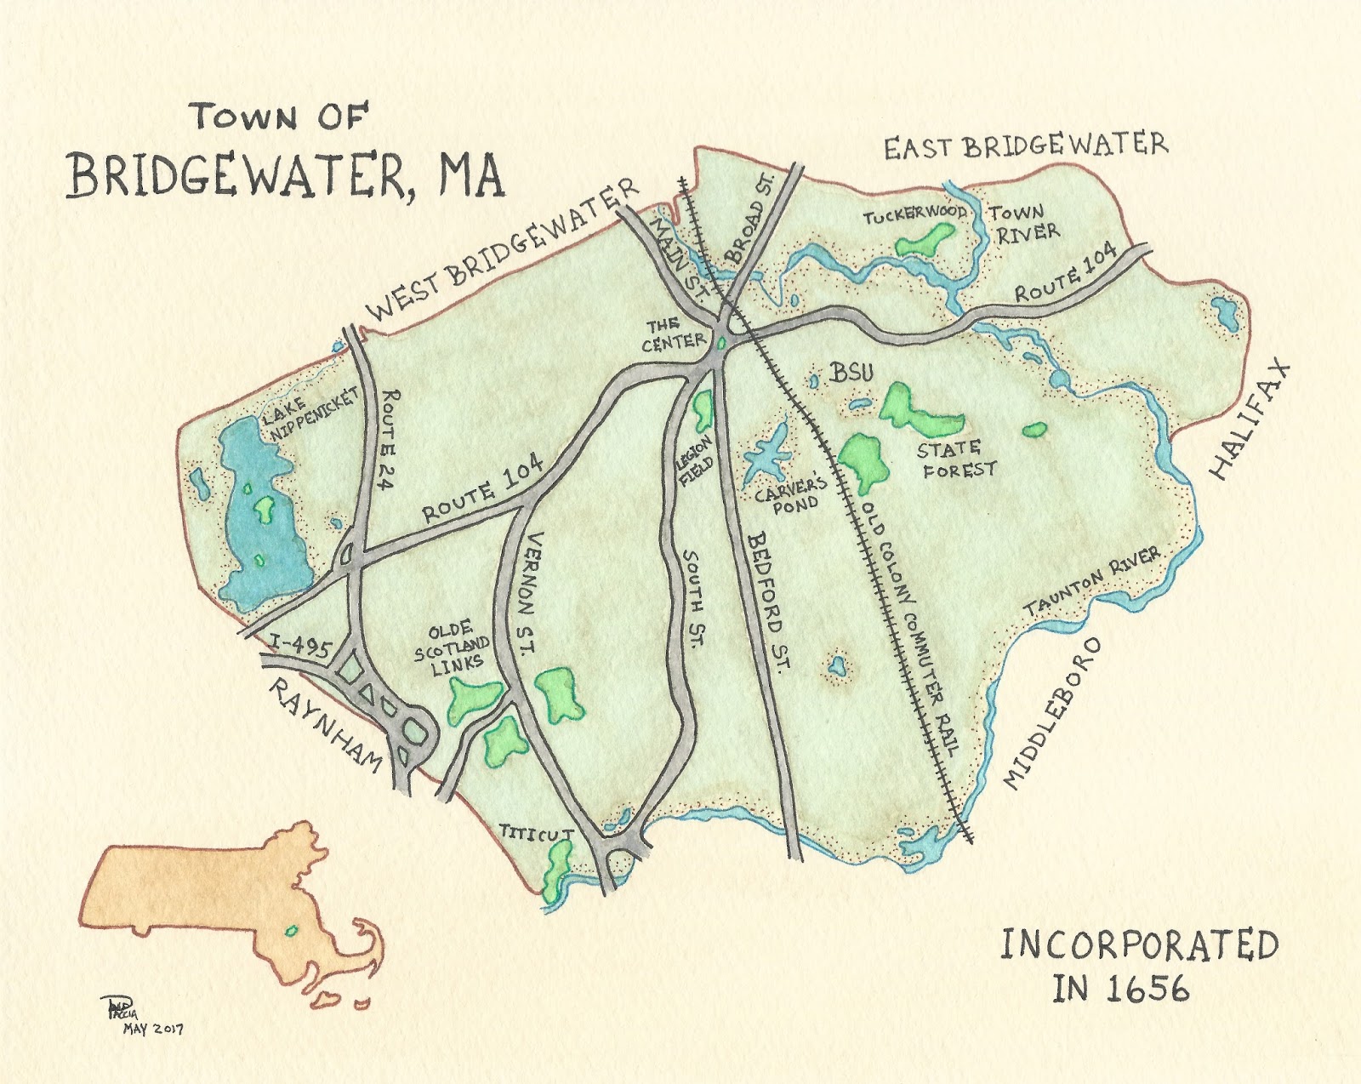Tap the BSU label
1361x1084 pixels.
click(x=851, y=372)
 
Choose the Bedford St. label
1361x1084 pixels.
click(x=770, y=600)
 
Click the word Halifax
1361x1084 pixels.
click(x=1250, y=421)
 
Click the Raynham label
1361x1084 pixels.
click(x=325, y=725)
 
